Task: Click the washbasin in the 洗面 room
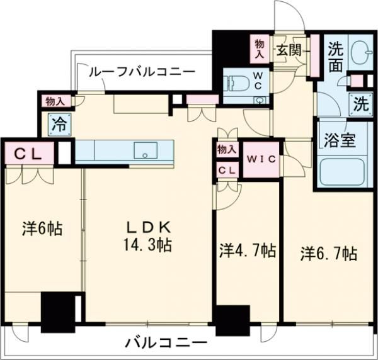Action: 360,52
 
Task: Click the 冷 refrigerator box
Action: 57,124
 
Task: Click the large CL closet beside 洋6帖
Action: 26,154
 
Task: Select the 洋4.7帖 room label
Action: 247,250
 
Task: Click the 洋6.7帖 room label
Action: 328,254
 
